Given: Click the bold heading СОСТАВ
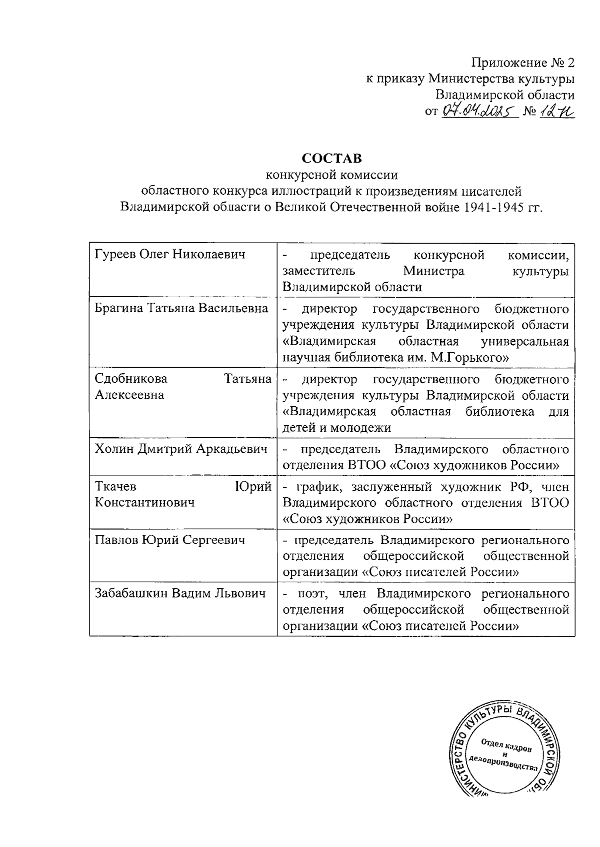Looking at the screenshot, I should [x=331, y=159].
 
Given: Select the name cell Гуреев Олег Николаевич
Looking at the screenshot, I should [x=170, y=255].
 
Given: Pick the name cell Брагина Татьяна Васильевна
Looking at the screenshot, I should [x=181, y=309].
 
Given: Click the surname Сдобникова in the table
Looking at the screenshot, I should [x=131, y=379].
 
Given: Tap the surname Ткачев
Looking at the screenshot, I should [x=115, y=486].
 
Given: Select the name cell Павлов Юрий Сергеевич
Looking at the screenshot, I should [x=170, y=540].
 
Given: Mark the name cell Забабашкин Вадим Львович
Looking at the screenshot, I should [x=179, y=594].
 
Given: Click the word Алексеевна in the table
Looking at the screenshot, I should [x=129, y=395].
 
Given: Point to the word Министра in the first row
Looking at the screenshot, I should [x=433, y=271].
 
